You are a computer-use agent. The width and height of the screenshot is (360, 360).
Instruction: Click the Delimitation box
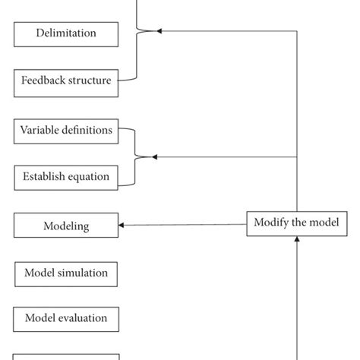pyautogui.click(x=66, y=34)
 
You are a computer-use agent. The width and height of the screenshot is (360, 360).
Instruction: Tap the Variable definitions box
pyautogui.click(x=66, y=131)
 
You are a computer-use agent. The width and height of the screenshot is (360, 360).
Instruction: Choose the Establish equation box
pyautogui.click(x=66, y=178)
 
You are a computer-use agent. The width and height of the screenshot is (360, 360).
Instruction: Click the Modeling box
pyautogui.click(x=66, y=226)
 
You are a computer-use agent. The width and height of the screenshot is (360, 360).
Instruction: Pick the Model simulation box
pyautogui.click(x=66, y=273)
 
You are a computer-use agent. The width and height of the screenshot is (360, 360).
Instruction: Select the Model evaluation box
pyautogui.click(x=66, y=318)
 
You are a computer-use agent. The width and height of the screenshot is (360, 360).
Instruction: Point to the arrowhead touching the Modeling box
pyautogui.click(x=122, y=225)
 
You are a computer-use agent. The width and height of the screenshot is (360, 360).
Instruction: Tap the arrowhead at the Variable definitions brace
pyautogui.click(x=154, y=157)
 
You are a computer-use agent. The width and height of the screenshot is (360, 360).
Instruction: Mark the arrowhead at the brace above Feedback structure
pyautogui.click(x=159, y=31)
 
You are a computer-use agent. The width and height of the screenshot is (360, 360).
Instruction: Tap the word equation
pyautogui.click(x=89, y=178)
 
